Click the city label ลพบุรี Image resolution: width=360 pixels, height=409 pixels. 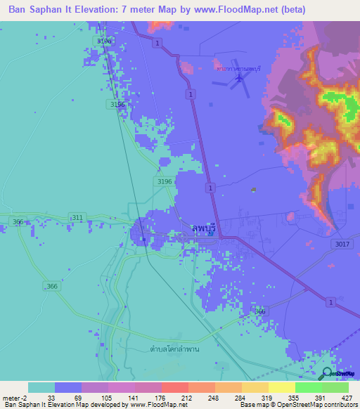click(x=204, y=228)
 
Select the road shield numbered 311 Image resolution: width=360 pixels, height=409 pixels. click(x=76, y=217)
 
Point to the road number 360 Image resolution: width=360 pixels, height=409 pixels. click(x=260, y=311)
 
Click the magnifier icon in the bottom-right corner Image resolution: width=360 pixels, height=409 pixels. click(x=327, y=374)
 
